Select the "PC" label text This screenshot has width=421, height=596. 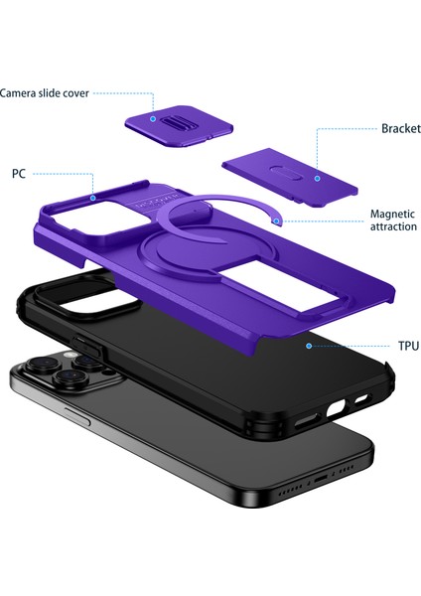coord(19,173)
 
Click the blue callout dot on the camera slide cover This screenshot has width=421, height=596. coord(154,117)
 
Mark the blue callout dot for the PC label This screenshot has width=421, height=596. coord(92,199)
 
